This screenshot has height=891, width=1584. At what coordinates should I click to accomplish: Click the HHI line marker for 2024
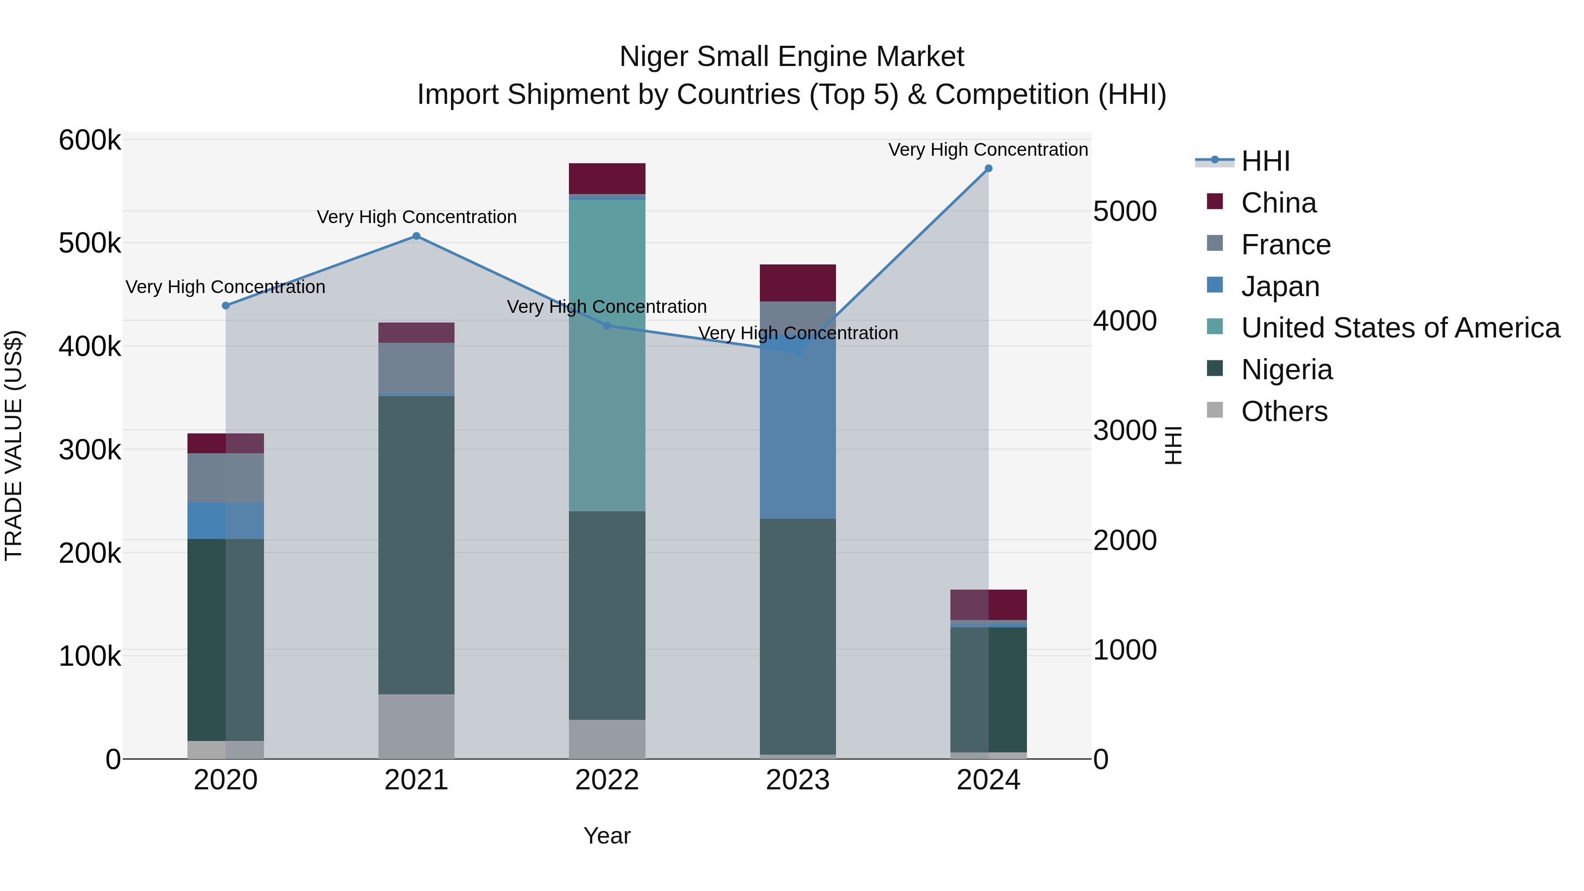tap(988, 169)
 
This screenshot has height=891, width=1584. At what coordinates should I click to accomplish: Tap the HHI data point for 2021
tap(416, 236)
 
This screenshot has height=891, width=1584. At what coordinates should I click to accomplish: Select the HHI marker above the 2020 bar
tap(226, 306)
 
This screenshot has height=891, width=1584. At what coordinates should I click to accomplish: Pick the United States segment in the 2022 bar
tap(607, 356)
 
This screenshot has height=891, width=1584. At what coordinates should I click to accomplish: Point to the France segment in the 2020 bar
tap(226, 478)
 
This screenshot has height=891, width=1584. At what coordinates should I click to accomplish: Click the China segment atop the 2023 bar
tap(798, 283)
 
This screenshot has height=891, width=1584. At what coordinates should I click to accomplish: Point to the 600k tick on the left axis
tap(90, 140)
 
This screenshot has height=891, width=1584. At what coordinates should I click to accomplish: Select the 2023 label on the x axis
tap(798, 780)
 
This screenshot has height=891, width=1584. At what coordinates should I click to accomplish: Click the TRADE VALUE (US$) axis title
tap(14, 445)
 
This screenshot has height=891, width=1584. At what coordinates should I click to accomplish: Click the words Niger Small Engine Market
tap(792, 57)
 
